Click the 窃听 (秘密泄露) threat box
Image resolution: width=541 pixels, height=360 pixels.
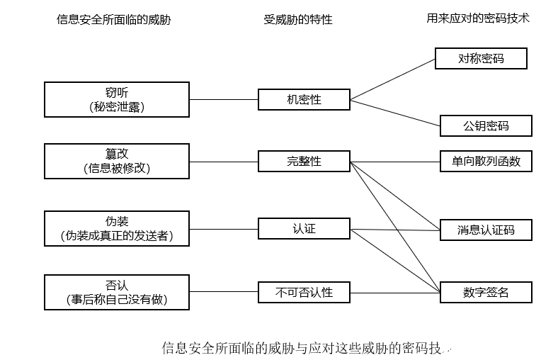click(x=117, y=99)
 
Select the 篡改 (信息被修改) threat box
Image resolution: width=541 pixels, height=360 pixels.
click(x=117, y=161)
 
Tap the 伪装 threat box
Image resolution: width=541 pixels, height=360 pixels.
click(x=117, y=228)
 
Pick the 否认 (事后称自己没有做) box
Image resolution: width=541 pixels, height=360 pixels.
click(x=117, y=292)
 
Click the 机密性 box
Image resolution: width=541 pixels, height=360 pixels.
click(x=304, y=99)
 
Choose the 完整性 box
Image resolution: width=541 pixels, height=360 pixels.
click(x=304, y=161)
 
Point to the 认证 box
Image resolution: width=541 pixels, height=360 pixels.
click(x=304, y=228)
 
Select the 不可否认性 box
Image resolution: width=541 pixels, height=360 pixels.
click(x=304, y=291)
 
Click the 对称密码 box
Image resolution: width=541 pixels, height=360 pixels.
click(x=481, y=58)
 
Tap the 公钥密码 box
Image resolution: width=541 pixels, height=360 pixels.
click(x=486, y=126)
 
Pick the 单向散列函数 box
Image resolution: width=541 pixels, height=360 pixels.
click(x=486, y=161)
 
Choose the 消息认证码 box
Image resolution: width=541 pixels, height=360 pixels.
click(x=486, y=230)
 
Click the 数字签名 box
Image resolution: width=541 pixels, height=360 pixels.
click(x=486, y=291)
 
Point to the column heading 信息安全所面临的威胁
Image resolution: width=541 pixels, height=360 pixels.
click(x=113, y=20)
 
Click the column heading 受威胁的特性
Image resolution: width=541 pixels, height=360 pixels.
click(x=298, y=20)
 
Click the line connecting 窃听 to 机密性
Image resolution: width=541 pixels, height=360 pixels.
click(x=224, y=99)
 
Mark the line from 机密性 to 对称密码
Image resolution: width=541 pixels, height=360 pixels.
click(x=392, y=79)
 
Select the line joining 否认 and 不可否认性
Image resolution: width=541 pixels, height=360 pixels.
click(x=224, y=291)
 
